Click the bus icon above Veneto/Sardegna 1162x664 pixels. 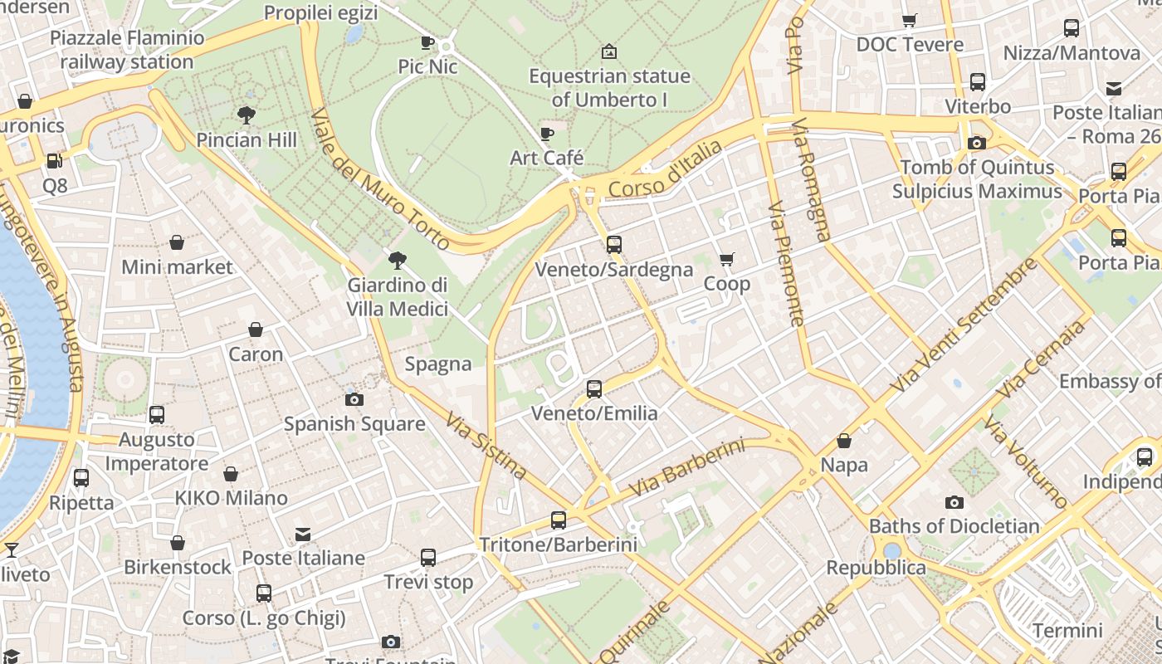point(613,244)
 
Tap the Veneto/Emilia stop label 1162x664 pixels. point(593,413)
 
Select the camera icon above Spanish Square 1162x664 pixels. point(354,399)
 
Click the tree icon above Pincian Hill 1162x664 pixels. point(246,115)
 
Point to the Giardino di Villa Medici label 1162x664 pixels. point(398,296)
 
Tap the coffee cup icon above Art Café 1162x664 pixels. point(546,134)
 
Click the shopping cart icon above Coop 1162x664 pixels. point(727,259)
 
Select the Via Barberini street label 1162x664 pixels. point(686,469)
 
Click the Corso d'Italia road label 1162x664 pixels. point(665,170)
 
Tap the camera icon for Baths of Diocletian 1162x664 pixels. point(954,502)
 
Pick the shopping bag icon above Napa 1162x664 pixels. point(844,441)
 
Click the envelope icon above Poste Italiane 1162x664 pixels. point(303,534)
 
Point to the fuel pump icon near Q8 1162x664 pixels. point(55,161)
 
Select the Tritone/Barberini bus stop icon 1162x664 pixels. point(559,520)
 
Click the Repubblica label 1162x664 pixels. point(876,568)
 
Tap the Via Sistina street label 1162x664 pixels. point(486,446)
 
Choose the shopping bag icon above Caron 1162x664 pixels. point(256,330)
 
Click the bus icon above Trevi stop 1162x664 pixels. point(428,558)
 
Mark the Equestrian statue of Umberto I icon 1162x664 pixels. point(609,51)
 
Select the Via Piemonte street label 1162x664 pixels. point(785,263)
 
